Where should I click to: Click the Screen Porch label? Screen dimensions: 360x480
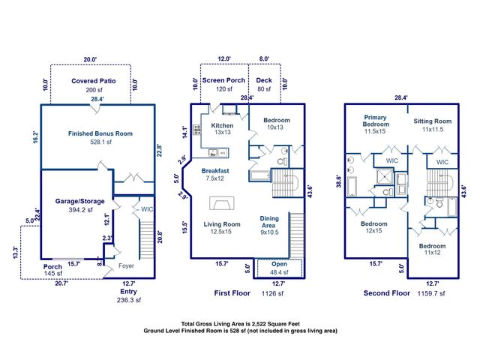(224, 80)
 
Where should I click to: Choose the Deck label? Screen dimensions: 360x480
(264, 80)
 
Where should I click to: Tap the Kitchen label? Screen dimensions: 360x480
(223, 125)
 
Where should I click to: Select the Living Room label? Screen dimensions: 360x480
(222, 224)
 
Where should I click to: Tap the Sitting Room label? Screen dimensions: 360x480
(433, 121)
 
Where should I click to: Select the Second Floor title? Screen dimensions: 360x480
(386, 292)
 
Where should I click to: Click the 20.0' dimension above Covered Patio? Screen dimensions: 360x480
(90, 58)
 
